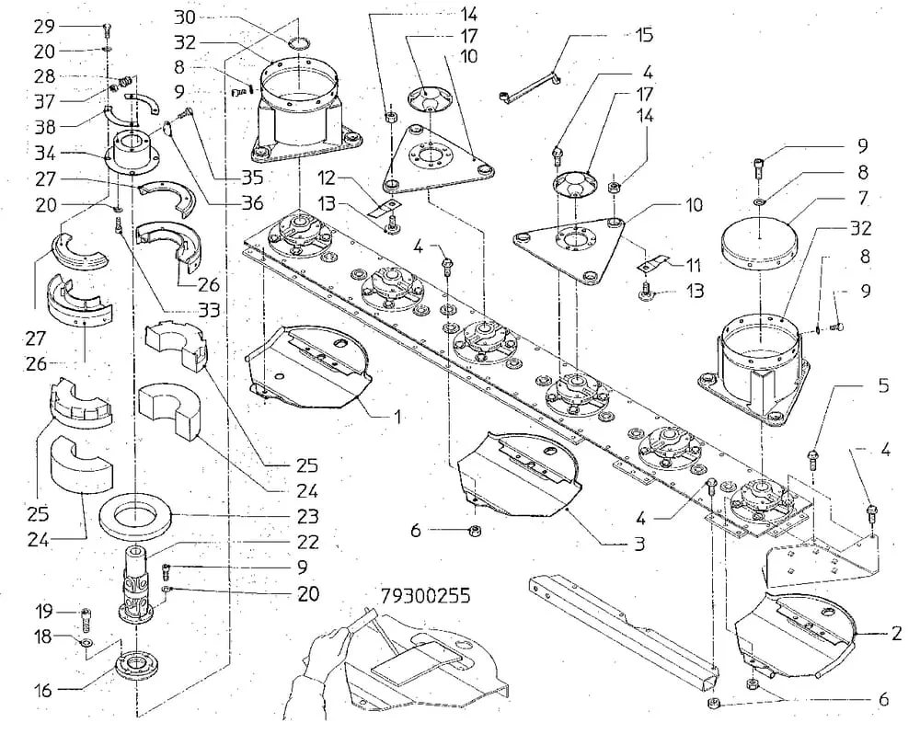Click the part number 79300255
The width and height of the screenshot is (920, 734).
pos(425,595)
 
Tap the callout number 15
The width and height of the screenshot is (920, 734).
pos(644,35)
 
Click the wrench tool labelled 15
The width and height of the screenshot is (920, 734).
pos(530,86)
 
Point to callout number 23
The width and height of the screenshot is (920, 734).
pos(308,516)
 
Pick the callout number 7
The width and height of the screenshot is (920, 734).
pos(863,198)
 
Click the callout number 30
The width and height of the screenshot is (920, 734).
pos(185,17)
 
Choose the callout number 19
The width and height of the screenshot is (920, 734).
pos(44,612)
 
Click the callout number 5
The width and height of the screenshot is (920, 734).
pos(883,386)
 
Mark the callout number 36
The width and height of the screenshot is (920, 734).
pos(253,202)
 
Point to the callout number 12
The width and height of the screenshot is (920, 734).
pos(328,177)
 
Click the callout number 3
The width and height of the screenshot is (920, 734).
pos(639,544)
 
